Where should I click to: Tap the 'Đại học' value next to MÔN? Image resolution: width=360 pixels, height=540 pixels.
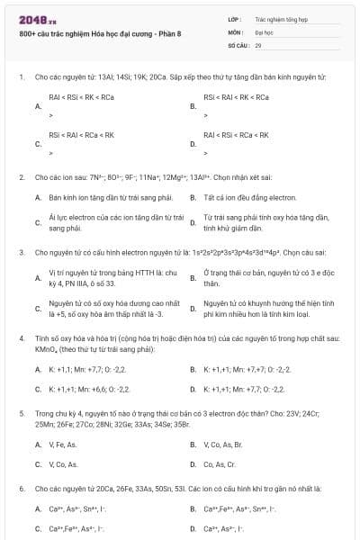pyautogui.click(x=264, y=31)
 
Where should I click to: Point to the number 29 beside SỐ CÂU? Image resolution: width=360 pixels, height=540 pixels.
pyautogui.click(x=258, y=44)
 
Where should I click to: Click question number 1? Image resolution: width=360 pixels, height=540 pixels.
pyautogui.click(x=21, y=77)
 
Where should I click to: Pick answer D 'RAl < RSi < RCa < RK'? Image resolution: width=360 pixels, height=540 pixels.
pyautogui.click(x=236, y=135)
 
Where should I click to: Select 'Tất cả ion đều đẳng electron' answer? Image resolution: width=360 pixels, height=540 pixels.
pyautogui.click(x=239, y=196)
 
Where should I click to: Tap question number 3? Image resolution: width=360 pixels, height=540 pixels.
pyautogui.click(x=21, y=253)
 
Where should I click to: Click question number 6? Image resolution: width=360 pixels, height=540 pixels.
pyautogui.click(x=21, y=489)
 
